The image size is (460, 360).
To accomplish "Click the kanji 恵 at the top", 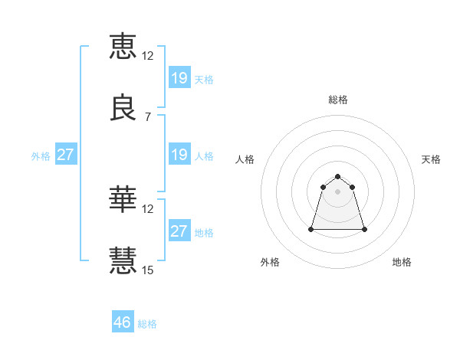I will point(123,45).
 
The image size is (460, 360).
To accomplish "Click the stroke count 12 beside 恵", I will point(148,55).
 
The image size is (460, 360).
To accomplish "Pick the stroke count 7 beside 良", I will point(147,118).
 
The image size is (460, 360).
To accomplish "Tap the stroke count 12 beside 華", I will point(148,208).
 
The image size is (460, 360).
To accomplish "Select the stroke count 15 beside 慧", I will point(148,270).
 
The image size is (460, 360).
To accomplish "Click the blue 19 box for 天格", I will point(179,78).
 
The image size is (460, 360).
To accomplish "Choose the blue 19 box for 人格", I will point(179,155).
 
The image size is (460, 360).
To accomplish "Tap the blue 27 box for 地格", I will point(179,231).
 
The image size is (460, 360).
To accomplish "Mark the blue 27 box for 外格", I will point(65,155).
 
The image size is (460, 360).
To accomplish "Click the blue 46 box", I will point(123,322).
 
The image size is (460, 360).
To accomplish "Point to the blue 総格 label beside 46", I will point(147,324).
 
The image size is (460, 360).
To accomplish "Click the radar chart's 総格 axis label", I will point(338,100).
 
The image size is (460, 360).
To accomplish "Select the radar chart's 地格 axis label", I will point(402,262).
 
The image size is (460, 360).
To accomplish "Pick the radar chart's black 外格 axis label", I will point(270,262).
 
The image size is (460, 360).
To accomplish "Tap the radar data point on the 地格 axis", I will point(364,229).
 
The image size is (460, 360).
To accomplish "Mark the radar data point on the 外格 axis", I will point(312,229).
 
